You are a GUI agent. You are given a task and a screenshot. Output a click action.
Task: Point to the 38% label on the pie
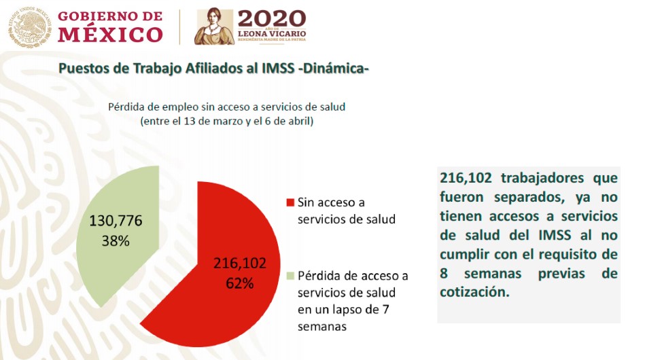click(x=115, y=240)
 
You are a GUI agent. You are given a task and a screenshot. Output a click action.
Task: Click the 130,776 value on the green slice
click(x=116, y=221)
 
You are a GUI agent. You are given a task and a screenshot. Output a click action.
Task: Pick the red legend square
click(x=291, y=202)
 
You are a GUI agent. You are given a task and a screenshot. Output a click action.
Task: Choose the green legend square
click(x=291, y=276)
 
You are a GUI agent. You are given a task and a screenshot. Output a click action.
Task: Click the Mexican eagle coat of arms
click(x=29, y=28)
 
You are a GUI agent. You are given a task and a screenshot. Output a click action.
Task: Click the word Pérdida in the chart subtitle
click(x=127, y=107)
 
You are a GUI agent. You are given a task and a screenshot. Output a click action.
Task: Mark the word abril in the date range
click(x=300, y=122)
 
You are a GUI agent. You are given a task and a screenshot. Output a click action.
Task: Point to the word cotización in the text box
click(x=473, y=293)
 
